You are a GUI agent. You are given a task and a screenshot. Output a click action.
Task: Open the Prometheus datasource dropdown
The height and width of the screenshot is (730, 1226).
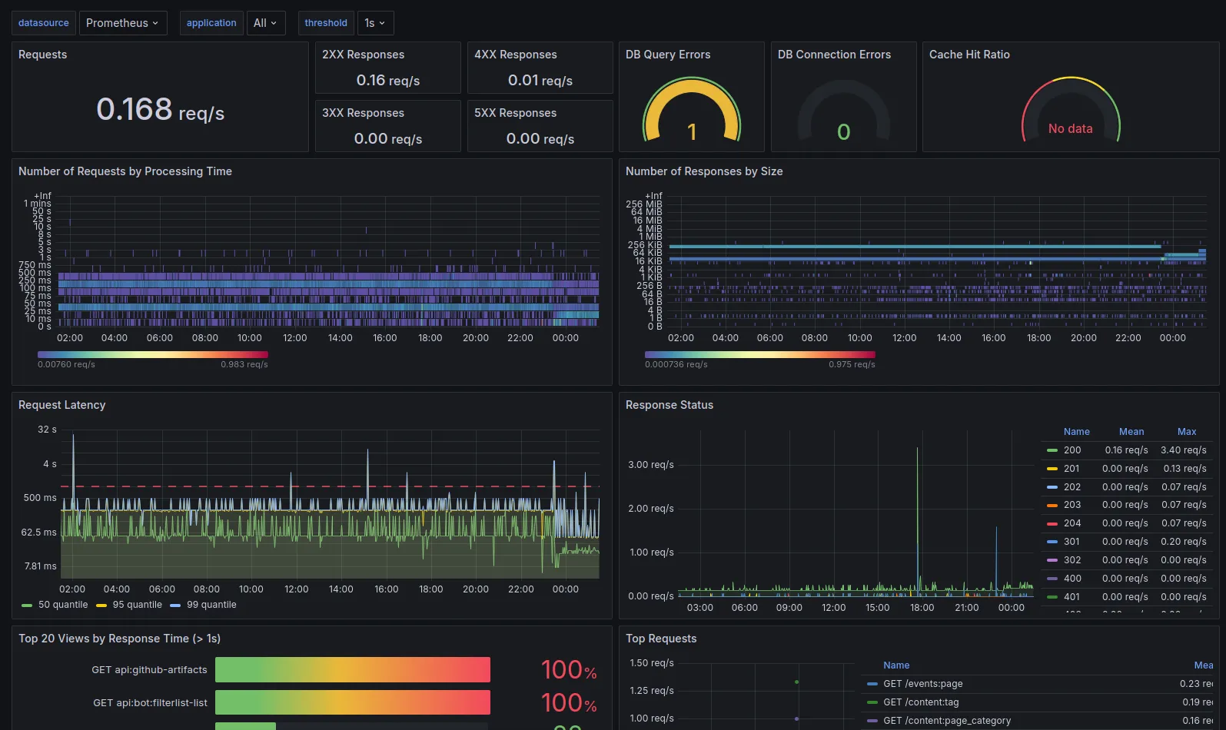click(122, 23)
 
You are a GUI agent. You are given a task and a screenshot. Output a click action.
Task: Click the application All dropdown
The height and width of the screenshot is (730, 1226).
click(265, 23)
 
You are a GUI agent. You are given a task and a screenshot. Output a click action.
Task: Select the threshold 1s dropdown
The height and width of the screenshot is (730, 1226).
click(375, 23)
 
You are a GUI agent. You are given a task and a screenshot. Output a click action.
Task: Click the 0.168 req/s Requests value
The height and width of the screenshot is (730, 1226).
click(160, 110)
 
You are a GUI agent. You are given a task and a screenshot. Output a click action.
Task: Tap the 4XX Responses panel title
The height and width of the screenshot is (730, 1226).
click(515, 55)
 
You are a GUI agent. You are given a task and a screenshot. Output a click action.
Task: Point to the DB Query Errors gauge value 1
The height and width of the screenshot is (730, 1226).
click(692, 132)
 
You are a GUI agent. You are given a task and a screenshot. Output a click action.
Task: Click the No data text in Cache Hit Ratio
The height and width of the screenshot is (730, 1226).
click(1070, 129)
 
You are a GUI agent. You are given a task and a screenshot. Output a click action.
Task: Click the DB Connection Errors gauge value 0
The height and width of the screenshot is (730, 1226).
click(843, 132)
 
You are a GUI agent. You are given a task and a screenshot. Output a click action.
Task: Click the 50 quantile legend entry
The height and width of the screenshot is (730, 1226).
click(62, 605)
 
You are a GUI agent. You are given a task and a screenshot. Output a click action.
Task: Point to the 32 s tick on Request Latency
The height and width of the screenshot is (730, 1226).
click(47, 430)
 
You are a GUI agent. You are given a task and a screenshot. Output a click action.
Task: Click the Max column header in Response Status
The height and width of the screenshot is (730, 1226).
click(1186, 432)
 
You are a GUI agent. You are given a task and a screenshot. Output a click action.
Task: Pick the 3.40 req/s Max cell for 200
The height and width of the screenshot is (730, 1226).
click(1183, 450)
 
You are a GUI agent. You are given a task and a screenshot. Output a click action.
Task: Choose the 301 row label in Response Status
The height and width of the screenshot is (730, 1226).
click(1072, 542)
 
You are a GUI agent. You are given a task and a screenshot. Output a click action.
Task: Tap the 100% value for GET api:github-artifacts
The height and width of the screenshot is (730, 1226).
click(568, 670)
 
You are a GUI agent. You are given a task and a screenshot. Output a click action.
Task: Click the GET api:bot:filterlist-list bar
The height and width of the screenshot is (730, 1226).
click(352, 702)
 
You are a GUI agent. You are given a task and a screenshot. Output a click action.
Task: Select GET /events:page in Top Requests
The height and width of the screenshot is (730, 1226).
click(922, 684)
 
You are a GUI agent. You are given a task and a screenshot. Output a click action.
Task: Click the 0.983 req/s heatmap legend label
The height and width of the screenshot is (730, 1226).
click(244, 364)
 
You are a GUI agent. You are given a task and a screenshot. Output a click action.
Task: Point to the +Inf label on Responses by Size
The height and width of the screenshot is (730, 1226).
click(653, 196)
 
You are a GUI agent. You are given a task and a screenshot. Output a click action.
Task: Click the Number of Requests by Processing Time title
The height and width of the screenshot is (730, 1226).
click(125, 171)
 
